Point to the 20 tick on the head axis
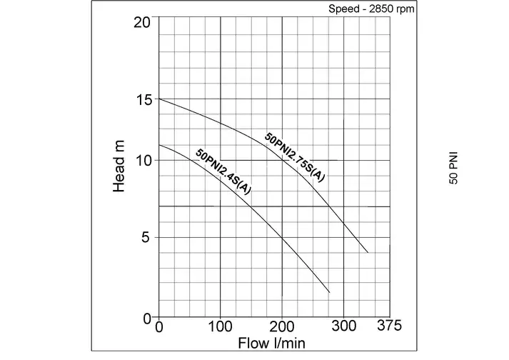(x=143, y=21)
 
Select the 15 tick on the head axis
(x=143, y=99)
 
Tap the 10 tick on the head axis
(x=143, y=160)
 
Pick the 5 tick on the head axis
(x=146, y=238)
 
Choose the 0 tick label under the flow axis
(x=159, y=326)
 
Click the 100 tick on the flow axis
(x=221, y=326)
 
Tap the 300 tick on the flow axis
(x=344, y=326)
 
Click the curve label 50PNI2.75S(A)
(x=294, y=158)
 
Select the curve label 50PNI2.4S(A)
(x=223, y=172)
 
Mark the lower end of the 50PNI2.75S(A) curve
(x=368, y=253)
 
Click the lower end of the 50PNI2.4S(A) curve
(x=330, y=292)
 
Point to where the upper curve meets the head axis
(x=158, y=99)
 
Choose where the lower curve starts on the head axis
(x=158, y=145)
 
